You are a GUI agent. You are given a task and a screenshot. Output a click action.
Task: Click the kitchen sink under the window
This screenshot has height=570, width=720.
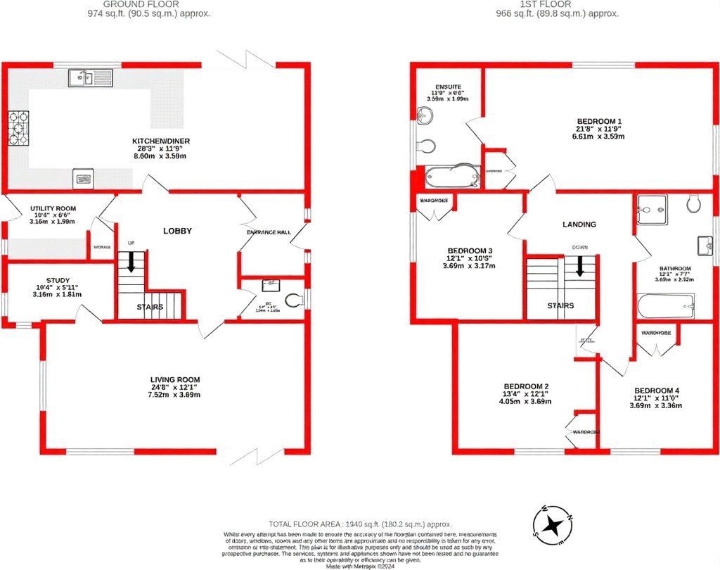coord(90,77)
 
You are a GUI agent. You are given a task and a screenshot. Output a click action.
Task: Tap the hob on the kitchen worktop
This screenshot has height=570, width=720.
coord(18,129)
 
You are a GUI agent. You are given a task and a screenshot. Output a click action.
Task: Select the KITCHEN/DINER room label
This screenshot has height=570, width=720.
coord(161,141)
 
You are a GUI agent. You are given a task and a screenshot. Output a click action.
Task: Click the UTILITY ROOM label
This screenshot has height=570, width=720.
coord(53,209)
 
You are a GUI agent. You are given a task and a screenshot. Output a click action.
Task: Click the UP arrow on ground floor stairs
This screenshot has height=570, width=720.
coord(131,262)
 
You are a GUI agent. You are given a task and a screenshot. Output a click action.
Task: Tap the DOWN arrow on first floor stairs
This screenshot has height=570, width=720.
coord(580,265)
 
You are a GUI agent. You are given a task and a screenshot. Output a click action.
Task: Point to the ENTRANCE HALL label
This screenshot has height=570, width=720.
coord(269,232)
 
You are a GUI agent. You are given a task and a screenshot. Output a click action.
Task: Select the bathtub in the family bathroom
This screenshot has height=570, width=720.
coord(665,306)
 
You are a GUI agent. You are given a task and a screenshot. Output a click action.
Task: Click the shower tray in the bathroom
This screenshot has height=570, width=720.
coord(652,209)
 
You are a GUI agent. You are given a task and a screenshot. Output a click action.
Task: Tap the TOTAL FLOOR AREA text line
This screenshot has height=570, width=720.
coord(360,524)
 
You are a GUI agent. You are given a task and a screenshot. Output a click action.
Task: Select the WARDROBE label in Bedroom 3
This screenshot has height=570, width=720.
coord(435,201)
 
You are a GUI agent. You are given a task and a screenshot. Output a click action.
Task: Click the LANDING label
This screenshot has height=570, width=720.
coord(579,224)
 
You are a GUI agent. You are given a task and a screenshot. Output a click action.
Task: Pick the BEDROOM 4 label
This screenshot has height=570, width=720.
coord(657,391)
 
